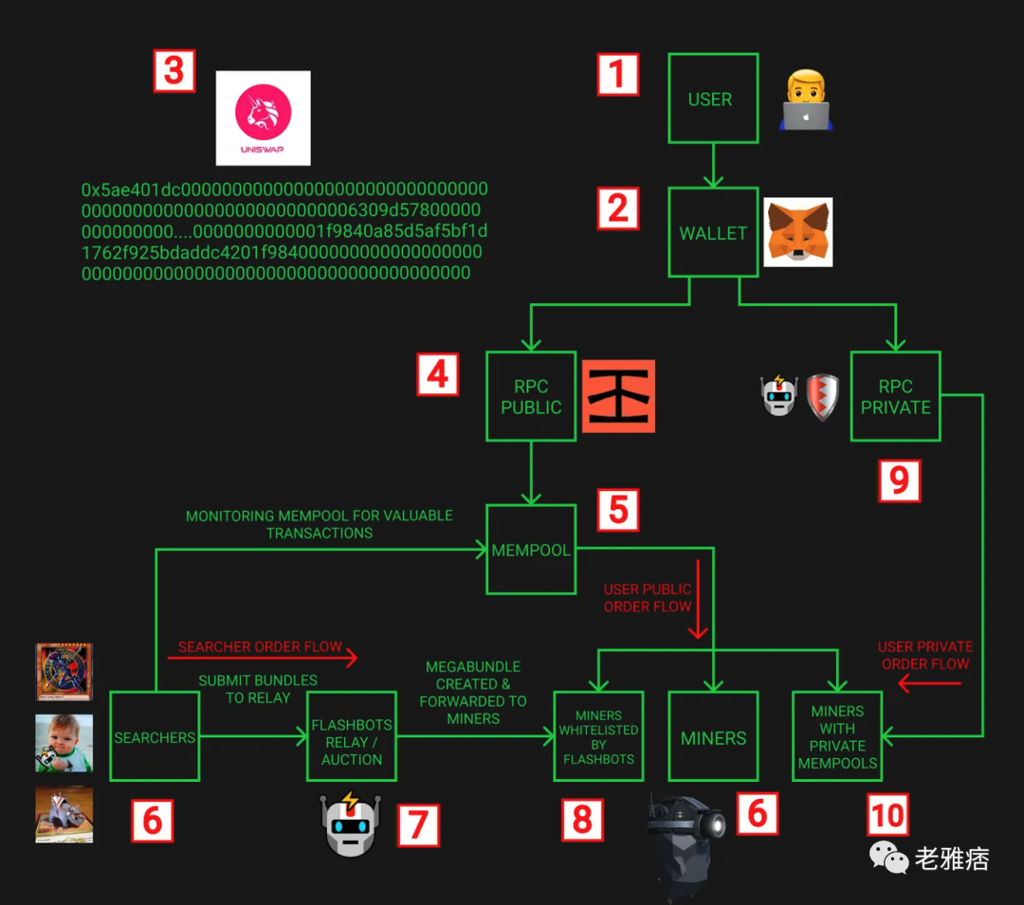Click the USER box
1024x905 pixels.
713,99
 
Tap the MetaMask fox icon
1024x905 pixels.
797,232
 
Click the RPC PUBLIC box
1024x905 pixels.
531,396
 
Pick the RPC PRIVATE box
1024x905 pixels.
895,396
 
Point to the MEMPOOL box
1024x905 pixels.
531,550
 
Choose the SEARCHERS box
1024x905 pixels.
155,736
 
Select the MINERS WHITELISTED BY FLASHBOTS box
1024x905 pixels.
598,736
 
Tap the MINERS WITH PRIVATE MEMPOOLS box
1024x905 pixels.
837,736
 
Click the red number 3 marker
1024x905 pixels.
174,71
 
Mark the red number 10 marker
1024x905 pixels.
887,815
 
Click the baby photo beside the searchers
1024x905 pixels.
64,742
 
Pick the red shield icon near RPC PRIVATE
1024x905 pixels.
823,396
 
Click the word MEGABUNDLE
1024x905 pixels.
473,666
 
